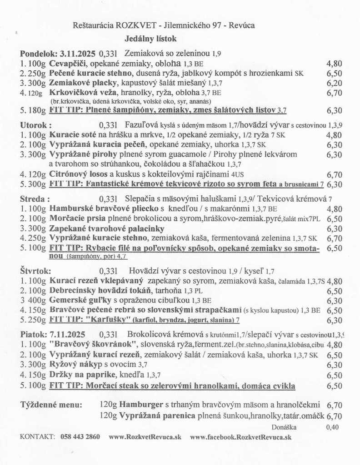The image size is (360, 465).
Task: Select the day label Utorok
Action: pos(35,124)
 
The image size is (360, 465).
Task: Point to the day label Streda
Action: pos(33,198)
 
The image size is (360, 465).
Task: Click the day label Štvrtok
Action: pos(35,271)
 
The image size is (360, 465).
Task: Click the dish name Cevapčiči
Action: pos(70,64)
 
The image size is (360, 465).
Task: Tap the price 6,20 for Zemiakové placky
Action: pos(334,83)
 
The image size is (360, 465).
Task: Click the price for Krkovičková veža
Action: pos(334,93)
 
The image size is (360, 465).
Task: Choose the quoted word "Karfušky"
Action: pos(109,320)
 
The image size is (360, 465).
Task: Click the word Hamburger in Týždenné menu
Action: pos(140,405)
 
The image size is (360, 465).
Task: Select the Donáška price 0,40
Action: pos(332,427)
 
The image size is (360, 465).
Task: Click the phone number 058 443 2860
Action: pos(80,437)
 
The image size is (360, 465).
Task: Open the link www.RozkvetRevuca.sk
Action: pos(145,437)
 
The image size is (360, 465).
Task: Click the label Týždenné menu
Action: pos(51,405)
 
